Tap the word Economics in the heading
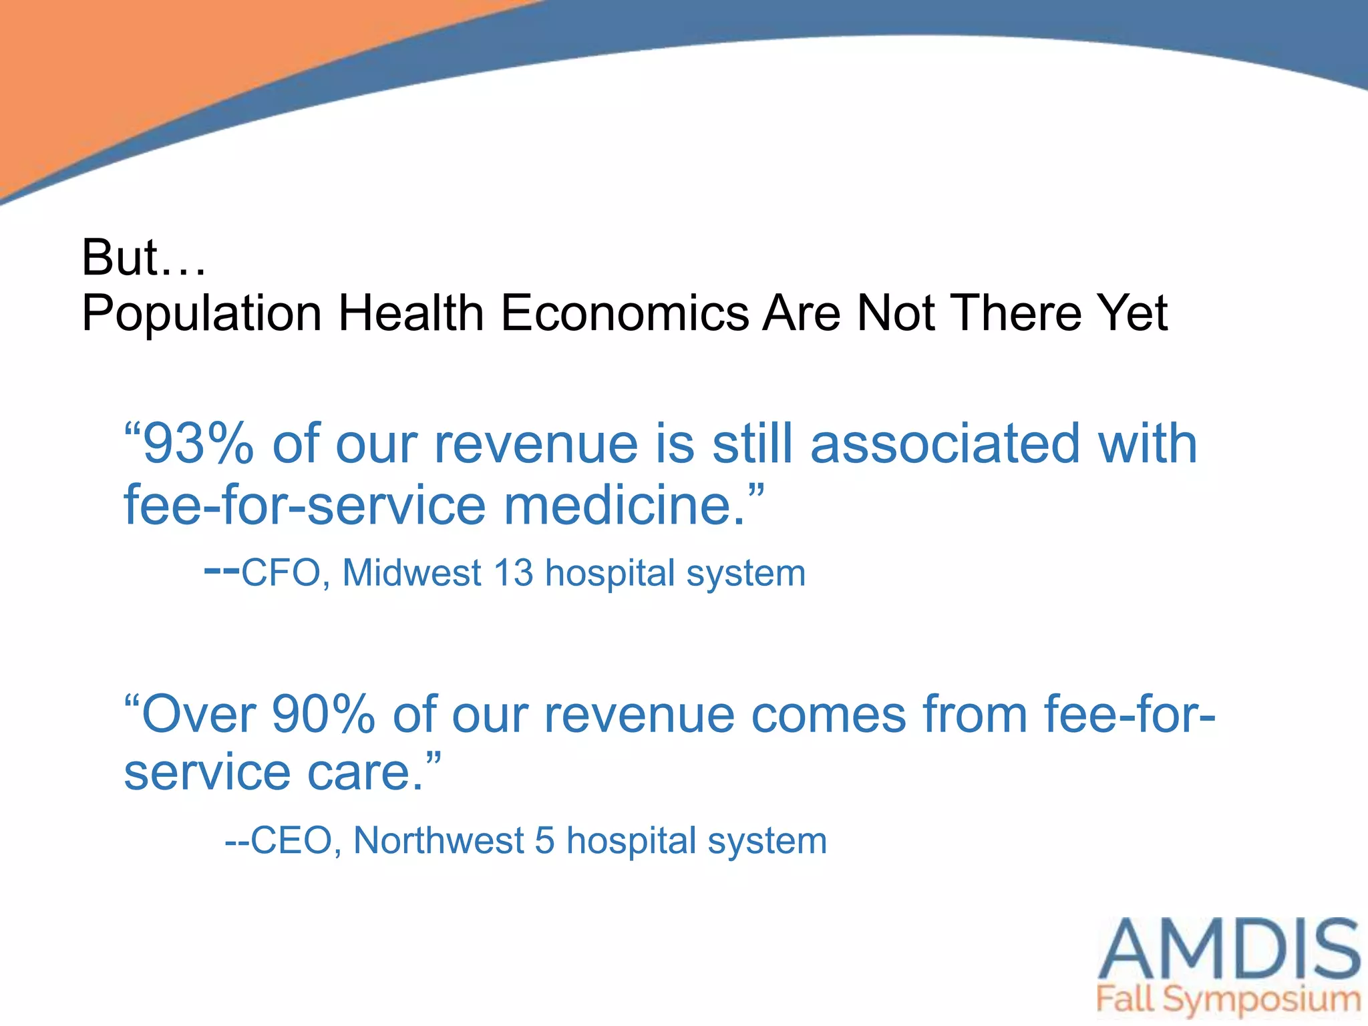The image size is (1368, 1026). [625, 313]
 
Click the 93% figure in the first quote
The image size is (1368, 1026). [198, 444]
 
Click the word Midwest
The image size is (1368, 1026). [411, 574]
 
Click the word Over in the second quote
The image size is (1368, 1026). [199, 715]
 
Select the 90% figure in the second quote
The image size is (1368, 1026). [324, 715]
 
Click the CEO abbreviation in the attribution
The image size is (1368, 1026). [292, 841]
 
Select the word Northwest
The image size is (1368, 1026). [438, 841]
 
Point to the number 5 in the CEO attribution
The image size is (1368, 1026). [544, 841]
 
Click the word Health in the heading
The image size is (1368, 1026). [411, 313]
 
